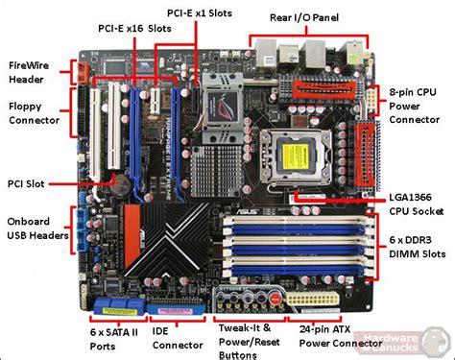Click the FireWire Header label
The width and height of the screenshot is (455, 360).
click(31, 73)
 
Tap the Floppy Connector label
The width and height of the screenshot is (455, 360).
click(34, 112)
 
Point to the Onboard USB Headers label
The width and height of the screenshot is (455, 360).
click(37, 227)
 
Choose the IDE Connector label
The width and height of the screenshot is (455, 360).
click(175, 335)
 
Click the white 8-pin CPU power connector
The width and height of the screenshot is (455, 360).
click(369, 101)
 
